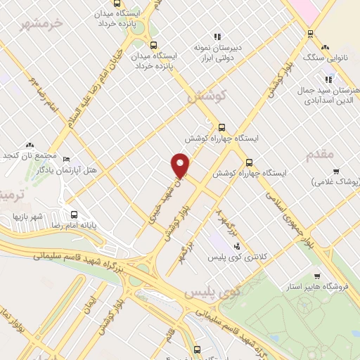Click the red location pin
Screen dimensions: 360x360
181,165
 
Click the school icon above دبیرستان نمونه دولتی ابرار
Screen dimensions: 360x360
217,37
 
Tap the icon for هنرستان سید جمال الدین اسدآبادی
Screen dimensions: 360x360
328,79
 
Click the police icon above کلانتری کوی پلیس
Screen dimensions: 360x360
236,246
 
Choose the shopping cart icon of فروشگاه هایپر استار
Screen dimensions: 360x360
318,276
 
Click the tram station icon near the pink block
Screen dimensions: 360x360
309,32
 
